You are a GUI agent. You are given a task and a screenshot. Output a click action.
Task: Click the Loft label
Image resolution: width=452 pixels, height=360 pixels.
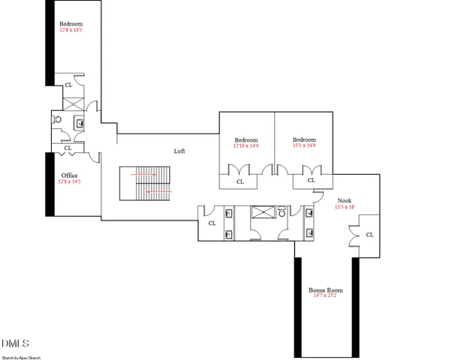(179, 151)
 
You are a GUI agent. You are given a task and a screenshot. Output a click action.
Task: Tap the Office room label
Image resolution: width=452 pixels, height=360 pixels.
(69, 175)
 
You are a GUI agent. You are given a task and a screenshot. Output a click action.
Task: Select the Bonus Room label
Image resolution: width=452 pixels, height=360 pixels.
(325, 289)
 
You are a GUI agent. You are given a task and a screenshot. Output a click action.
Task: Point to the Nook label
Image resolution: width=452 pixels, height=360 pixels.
(345, 200)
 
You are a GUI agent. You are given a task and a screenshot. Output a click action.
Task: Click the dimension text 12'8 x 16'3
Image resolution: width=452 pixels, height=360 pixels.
(70, 31)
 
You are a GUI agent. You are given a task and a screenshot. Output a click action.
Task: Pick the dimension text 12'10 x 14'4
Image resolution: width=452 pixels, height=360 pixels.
(246, 146)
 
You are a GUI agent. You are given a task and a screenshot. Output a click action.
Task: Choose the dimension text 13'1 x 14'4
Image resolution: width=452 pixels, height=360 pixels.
(304, 146)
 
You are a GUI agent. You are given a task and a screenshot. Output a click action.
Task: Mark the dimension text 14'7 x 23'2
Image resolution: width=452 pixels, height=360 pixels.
(325, 296)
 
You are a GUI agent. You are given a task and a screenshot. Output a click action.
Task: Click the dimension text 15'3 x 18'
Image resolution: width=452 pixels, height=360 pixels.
(345, 207)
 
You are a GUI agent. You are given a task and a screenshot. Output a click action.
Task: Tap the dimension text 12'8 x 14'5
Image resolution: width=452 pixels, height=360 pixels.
(69, 181)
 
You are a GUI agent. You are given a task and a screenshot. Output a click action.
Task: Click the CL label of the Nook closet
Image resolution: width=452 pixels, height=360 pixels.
(369, 235)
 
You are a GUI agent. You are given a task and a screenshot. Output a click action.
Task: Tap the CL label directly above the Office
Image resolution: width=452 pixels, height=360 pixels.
(68, 148)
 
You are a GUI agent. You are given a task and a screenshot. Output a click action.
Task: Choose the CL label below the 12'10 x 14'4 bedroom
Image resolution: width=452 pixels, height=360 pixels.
(240, 181)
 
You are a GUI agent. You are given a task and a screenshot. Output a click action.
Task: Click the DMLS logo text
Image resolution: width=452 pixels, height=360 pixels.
(15, 343)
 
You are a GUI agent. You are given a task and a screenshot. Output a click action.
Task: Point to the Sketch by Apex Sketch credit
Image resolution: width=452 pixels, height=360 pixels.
(21, 356)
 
